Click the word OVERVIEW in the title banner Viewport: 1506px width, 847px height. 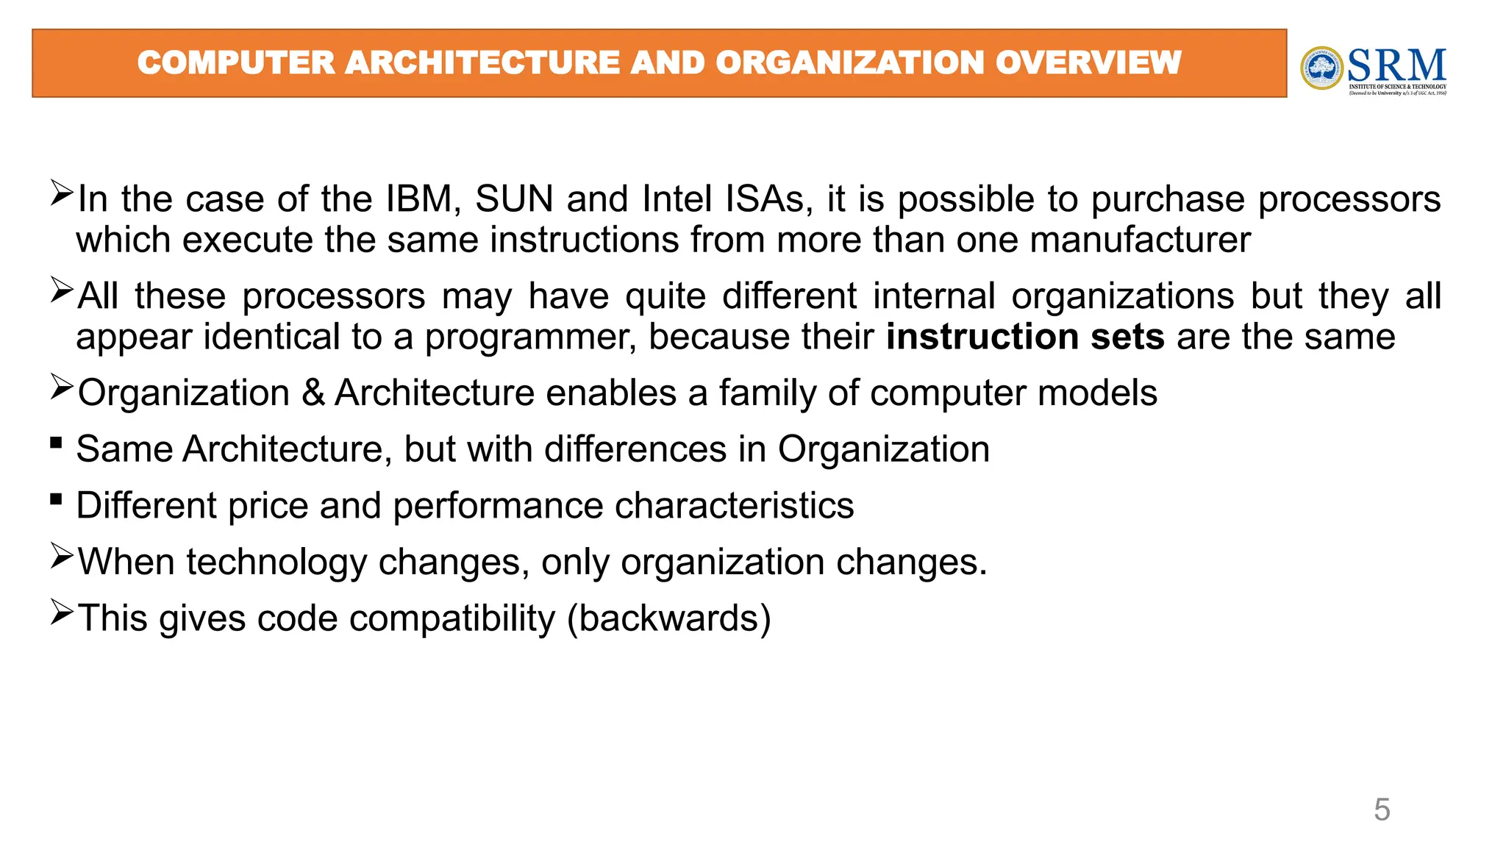(x=1088, y=62)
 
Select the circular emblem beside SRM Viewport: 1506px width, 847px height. (x=1321, y=68)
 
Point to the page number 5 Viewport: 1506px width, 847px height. (x=1382, y=810)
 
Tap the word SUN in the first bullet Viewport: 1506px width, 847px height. (x=515, y=199)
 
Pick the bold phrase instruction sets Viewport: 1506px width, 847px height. (x=1025, y=337)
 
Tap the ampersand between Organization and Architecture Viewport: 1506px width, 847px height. (x=313, y=393)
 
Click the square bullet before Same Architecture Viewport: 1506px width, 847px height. (x=57, y=443)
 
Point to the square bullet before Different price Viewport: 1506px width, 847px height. (x=57, y=499)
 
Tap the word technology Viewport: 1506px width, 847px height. (x=276, y=562)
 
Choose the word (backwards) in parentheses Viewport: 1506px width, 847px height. (x=668, y=618)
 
